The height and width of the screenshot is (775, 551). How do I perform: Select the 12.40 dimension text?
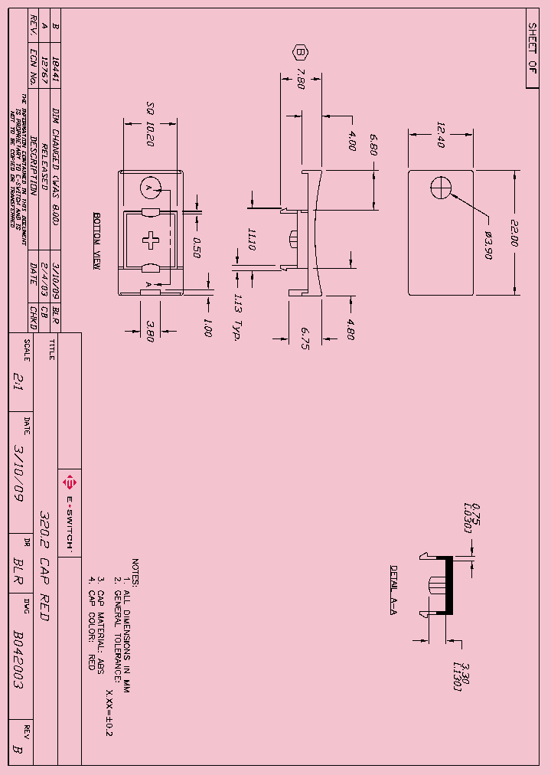441,136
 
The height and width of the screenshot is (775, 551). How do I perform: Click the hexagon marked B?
301,53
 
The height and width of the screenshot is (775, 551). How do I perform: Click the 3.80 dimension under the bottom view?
150,333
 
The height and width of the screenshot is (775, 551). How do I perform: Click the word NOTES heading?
135,572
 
